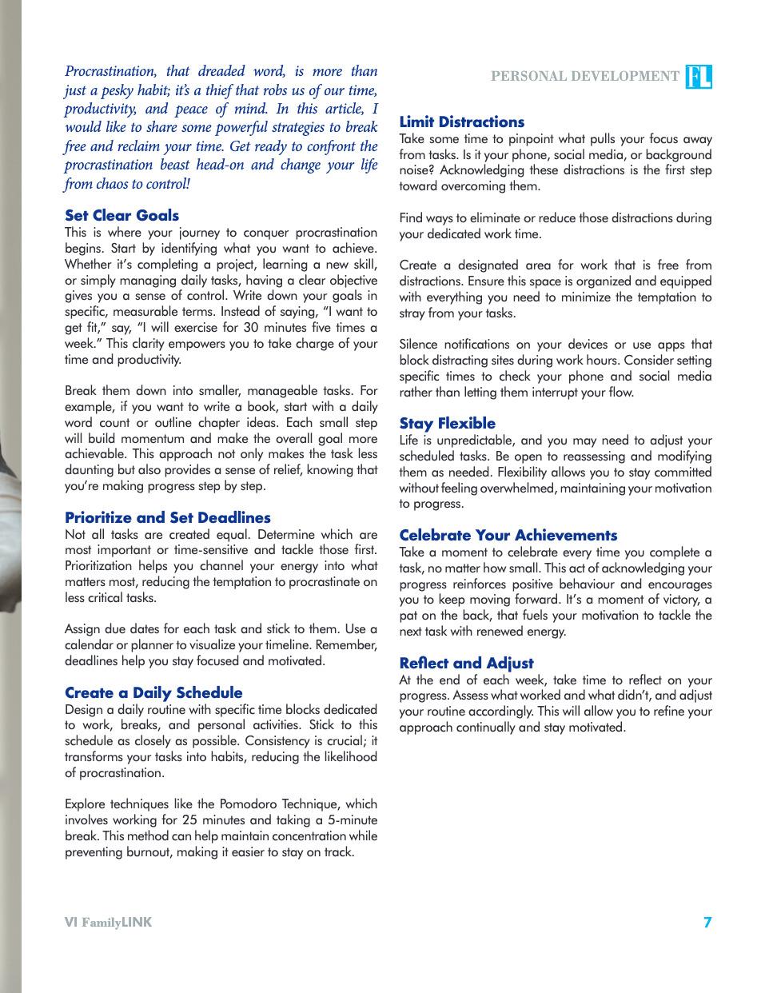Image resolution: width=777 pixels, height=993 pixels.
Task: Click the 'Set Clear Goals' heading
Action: (122, 216)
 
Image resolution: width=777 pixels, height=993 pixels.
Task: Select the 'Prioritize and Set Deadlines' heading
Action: (168, 518)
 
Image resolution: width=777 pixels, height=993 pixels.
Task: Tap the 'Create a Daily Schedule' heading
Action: (153, 693)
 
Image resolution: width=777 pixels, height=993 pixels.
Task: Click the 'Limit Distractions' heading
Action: (462, 122)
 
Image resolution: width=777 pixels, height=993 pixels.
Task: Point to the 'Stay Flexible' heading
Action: (448, 424)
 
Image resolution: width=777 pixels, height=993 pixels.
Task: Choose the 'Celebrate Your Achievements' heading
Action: (508, 536)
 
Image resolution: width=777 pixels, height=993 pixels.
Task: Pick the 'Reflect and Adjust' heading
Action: (466, 664)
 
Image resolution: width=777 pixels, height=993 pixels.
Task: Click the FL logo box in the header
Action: (699, 77)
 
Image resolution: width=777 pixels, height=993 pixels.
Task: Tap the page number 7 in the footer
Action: (707, 923)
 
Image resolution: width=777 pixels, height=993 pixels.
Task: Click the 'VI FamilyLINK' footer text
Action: (108, 923)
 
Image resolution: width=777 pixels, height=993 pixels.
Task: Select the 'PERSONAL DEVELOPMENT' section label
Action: (584, 77)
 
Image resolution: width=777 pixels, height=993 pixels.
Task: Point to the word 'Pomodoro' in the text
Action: (245, 804)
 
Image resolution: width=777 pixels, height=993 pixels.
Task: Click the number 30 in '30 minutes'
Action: (252, 328)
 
